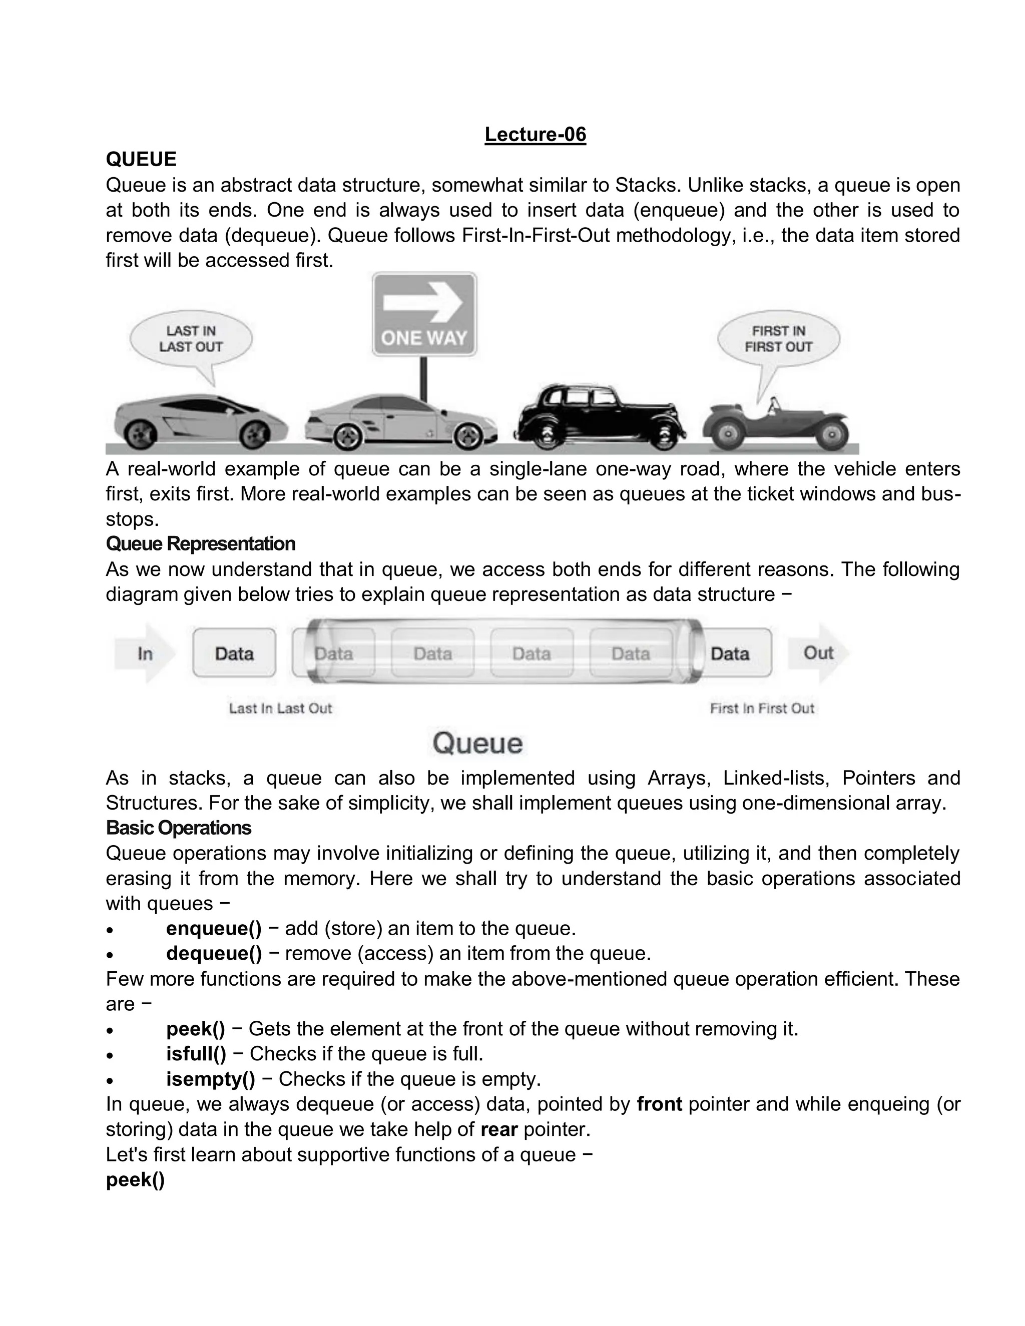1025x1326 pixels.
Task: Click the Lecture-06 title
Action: [x=535, y=134]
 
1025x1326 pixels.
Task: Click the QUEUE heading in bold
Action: [x=141, y=159]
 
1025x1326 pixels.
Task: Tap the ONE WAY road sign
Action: [x=424, y=315]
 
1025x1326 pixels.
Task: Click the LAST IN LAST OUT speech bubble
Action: [x=191, y=339]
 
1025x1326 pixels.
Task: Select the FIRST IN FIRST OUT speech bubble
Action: [x=778, y=339]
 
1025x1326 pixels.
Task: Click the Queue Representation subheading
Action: [x=200, y=543]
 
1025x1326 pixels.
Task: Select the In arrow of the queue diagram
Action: [x=145, y=653]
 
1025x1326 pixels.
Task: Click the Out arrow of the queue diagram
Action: [x=818, y=653]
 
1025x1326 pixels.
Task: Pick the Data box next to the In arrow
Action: [x=234, y=653]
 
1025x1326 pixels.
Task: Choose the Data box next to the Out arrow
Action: [x=730, y=653]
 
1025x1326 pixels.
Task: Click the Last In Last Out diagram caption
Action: [x=280, y=709]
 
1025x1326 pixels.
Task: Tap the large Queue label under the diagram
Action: [x=477, y=743]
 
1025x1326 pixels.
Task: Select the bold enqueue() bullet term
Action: [x=214, y=928]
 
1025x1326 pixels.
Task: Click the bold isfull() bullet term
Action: [x=196, y=1053]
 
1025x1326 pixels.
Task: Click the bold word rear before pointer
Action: [x=498, y=1129]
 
